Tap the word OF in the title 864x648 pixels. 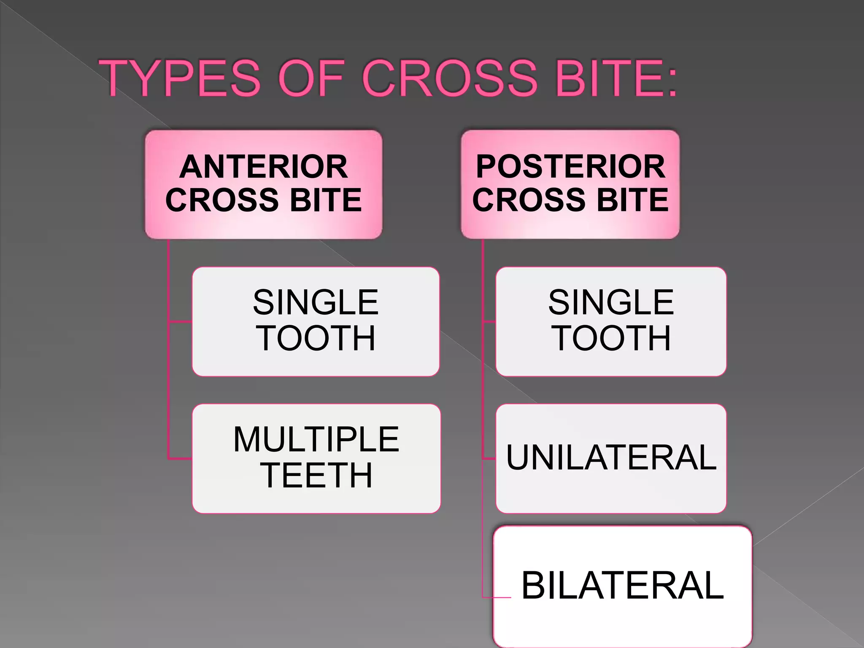coord(310,78)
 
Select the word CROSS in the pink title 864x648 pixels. coord(449,78)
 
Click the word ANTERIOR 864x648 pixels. coord(264,167)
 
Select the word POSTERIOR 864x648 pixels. coord(570,167)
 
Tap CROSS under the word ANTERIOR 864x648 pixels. coord(222,200)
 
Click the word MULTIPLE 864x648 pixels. coord(316,440)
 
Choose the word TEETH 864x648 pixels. coord(316,475)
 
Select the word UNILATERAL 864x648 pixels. coord(611,458)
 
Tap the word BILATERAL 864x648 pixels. coord(623,586)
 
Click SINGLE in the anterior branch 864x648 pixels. coord(316,302)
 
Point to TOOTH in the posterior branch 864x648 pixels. coord(611,338)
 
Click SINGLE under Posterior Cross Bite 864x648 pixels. coord(611,302)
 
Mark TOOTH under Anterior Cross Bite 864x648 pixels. coord(316,338)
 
